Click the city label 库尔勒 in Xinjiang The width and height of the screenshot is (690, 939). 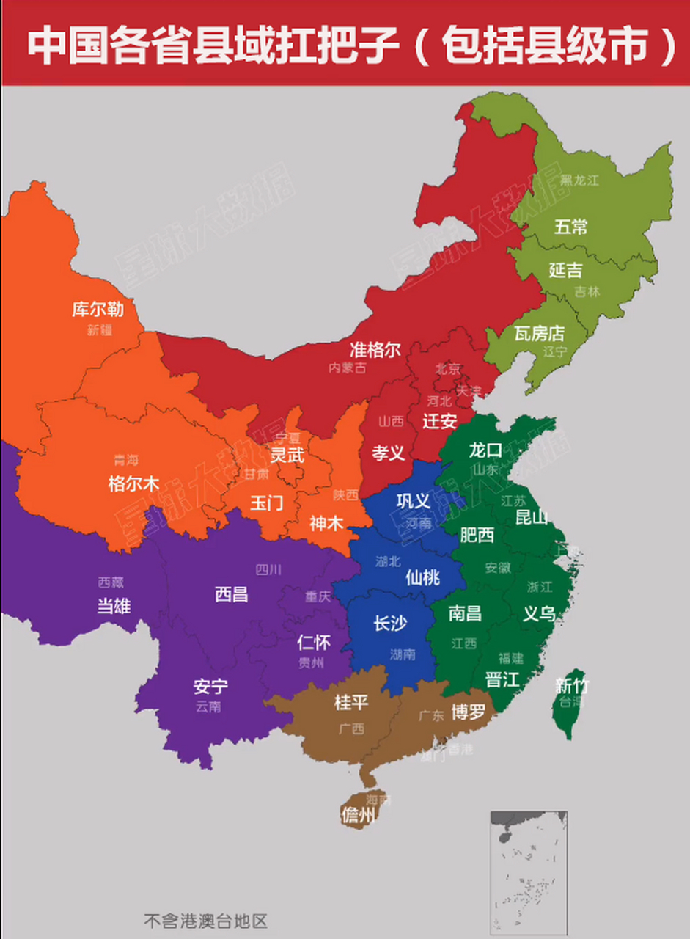tap(98, 309)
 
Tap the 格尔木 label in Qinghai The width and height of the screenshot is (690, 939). tap(133, 483)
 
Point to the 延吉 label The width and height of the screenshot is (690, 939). tap(565, 270)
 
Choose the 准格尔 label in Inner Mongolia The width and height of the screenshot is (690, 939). tap(375, 349)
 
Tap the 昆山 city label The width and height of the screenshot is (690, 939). tap(532, 517)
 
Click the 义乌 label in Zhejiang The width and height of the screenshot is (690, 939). tap(539, 614)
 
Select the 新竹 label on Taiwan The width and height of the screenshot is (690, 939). tap(572, 686)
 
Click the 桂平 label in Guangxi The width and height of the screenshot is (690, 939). tap(351, 702)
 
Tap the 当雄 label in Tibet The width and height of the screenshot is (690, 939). tap(114, 605)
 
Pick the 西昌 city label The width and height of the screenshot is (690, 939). tap(231, 593)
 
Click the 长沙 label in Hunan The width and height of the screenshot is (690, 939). tap(390, 623)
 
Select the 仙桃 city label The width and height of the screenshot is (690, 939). tap(422, 577)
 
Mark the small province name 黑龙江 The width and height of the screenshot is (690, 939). tap(579, 180)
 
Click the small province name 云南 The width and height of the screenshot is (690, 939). tap(208, 707)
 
